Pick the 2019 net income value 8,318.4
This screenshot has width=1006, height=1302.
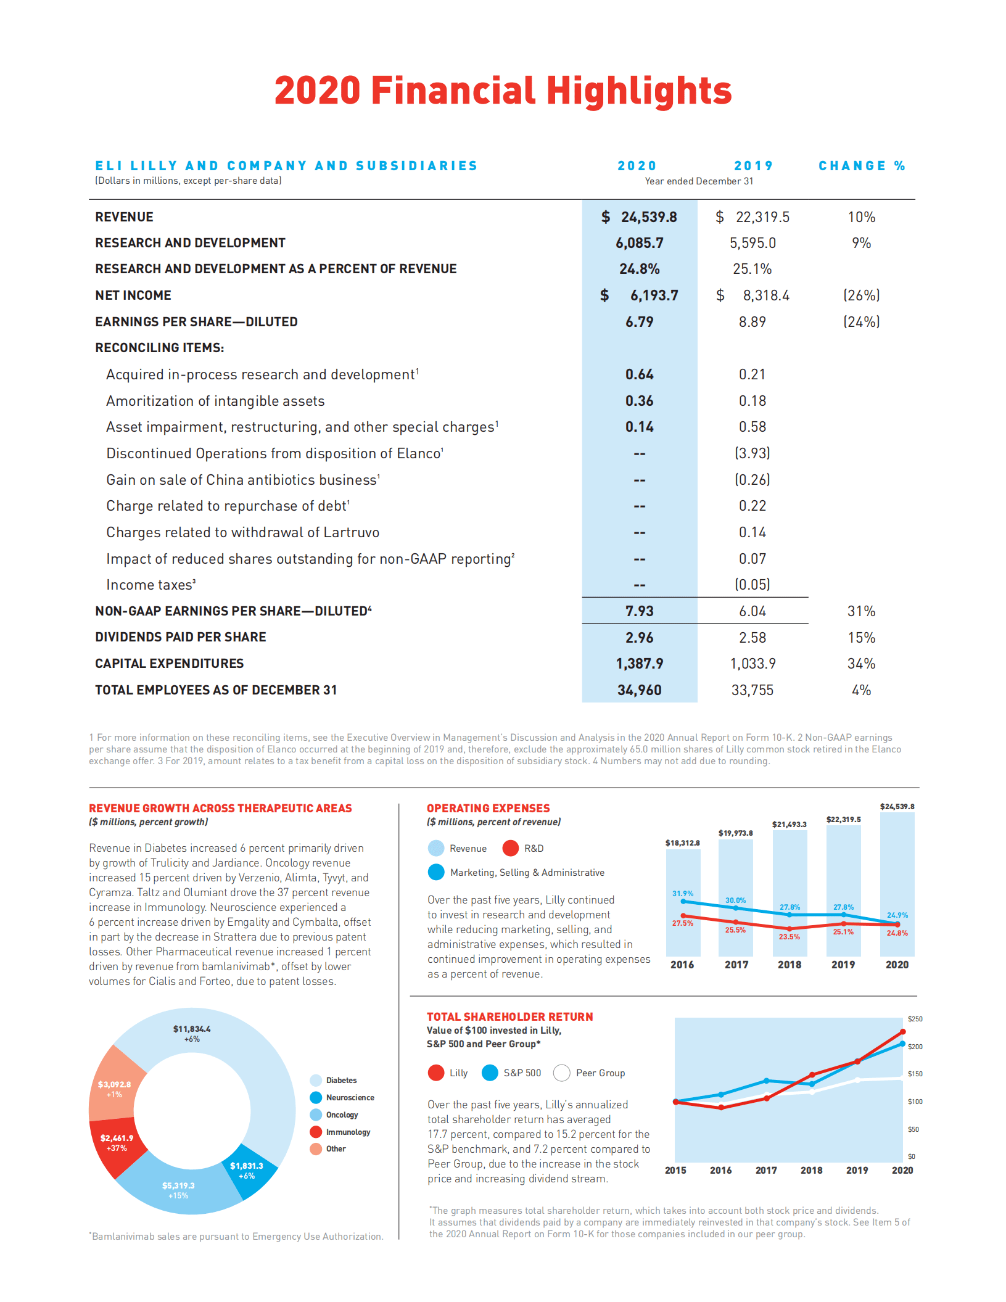coord(765,295)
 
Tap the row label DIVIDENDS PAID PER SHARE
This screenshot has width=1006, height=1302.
coord(180,637)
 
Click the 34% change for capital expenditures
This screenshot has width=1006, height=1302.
coord(861,664)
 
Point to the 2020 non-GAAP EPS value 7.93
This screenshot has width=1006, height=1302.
coord(639,611)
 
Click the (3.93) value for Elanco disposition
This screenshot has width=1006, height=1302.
coord(752,453)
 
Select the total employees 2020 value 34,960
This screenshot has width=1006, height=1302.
coord(639,690)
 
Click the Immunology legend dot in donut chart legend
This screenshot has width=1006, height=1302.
coord(316,1132)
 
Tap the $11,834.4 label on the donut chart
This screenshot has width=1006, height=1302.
coord(191,1029)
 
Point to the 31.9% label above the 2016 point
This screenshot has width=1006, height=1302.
coord(682,893)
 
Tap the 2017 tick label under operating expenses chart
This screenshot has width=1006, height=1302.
coord(736,965)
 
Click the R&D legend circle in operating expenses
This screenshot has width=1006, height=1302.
coord(510,848)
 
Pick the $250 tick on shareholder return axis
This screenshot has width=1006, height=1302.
coord(915,1019)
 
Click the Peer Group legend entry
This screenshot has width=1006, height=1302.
coord(589,1073)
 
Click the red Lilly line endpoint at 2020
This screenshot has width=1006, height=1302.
coord(902,1032)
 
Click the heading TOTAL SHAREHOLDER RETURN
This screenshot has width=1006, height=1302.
coord(509,1016)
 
